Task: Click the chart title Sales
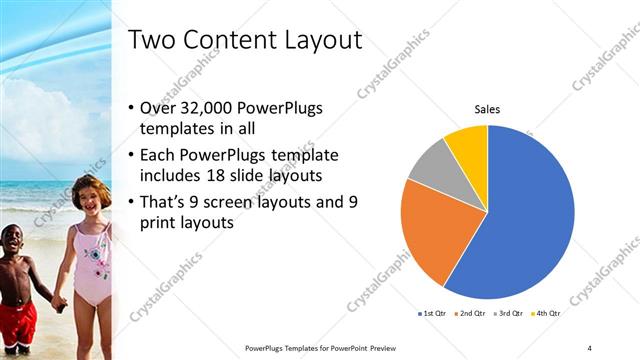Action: click(x=487, y=109)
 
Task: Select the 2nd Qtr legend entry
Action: click(x=471, y=313)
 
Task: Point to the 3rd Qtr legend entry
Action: click(x=509, y=313)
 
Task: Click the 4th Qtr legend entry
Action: click(x=545, y=313)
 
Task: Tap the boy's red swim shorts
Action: click(x=17, y=322)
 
